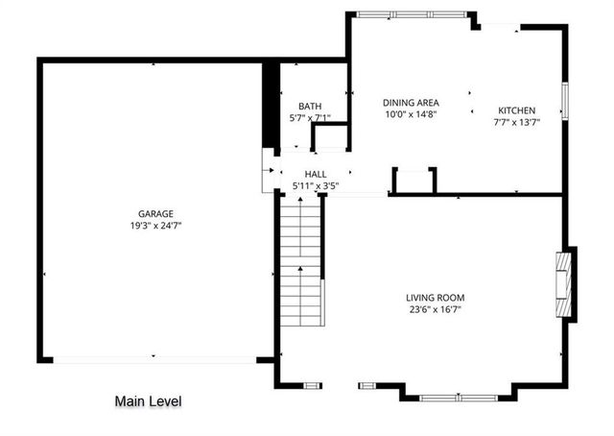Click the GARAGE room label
click(x=155, y=213)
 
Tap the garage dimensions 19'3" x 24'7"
click(x=155, y=226)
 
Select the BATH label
click(x=310, y=107)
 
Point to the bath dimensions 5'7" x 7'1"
click(x=310, y=119)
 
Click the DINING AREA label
click(x=411, y=102)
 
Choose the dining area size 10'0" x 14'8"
click(x=411, y=114)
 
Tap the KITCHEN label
click(x=516, y=110)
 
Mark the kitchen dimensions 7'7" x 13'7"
click(x=516, y=123)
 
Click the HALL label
click(x=316, y=174)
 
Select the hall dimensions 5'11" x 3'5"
click(x=316, y=185)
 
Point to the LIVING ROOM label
click(x=435, y=297)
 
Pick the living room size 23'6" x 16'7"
click(x=435, y=309)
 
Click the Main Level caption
click(x=148, y=401)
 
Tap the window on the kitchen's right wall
click(x=565, y=101)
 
